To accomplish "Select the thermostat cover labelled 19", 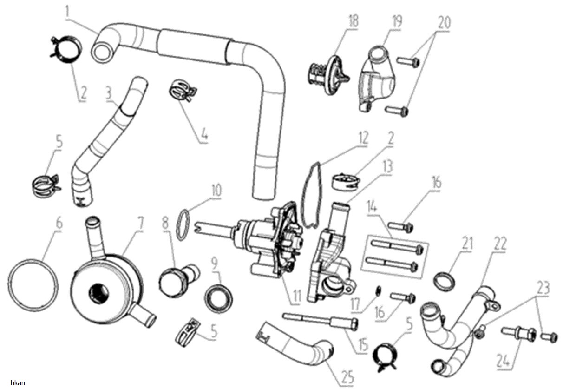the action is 377,79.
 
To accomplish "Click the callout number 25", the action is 347,377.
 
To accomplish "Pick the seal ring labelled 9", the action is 218,298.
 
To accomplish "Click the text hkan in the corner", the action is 18,383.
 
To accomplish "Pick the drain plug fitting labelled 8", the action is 179,278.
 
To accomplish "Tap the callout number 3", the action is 109,94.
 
